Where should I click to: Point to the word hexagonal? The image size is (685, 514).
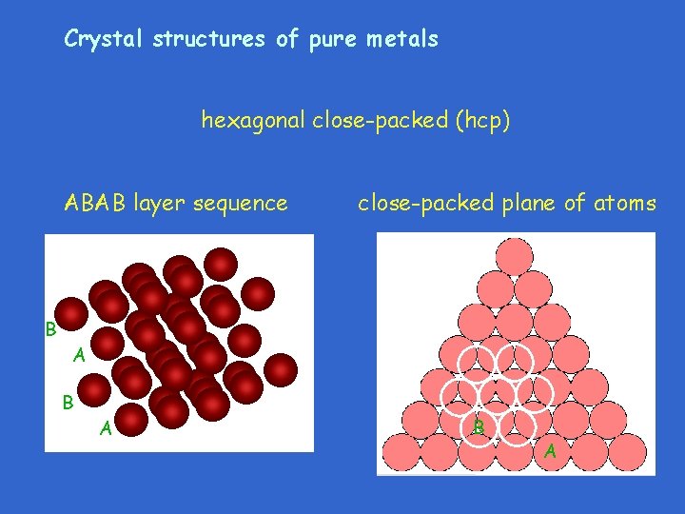pos(251,122)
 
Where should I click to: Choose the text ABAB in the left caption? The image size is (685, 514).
pos(95,203)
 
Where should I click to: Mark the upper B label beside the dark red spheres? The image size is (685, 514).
pos(51,329)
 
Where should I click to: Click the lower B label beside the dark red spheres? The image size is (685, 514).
pos(68,402)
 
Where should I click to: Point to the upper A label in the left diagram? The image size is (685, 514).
pos(80,356)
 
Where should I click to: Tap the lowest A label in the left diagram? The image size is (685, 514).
pos(107,430)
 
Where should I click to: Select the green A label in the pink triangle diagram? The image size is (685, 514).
pos(551,450)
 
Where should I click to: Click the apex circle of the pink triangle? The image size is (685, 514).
pos(515,255)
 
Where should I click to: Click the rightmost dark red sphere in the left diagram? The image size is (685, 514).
pos(280,368)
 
